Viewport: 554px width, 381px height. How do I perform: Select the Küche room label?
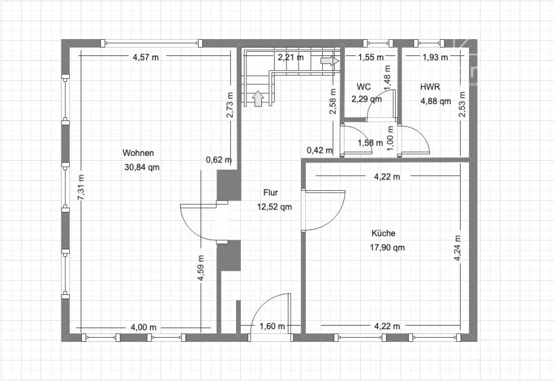[x=383, y=233]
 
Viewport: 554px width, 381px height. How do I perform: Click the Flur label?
[x=270, y=193]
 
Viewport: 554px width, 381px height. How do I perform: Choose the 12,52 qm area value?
[x=275, y=207]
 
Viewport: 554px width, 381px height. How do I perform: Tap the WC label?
[x=363, y=87]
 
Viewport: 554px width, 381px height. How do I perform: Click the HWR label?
[x=430, y=87]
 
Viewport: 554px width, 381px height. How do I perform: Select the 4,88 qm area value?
[x=435, y=101]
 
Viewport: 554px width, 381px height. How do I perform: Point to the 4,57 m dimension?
[x=146, y=58]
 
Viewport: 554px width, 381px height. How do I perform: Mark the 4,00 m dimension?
[x=143, y=327]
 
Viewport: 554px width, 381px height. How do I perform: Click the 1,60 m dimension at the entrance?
[x=269, y=327]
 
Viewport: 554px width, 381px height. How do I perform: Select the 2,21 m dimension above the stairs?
[x=290, y=58]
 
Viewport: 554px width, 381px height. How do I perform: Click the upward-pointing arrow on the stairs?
[x=258, y=98]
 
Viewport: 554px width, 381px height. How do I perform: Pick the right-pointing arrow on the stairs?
[x=329, y=61]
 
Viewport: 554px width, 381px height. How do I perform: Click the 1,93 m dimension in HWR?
[x=435, y=58]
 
